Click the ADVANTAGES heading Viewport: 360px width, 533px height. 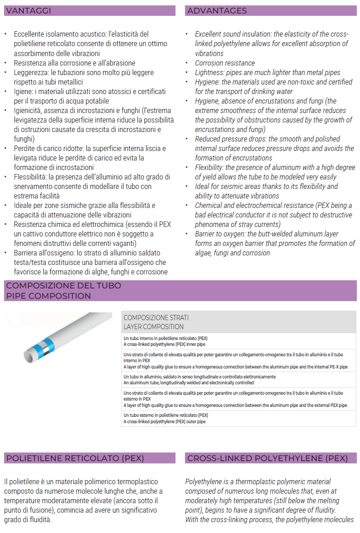pos(217,11)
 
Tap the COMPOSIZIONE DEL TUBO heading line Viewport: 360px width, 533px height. pos(64,286)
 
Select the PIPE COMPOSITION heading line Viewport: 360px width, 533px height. pos(48,296)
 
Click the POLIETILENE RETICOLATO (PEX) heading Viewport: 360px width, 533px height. pos(75,458)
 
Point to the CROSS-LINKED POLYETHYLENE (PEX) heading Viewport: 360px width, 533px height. pos(267,458)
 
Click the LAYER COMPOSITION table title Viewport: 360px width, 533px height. pos(154,326)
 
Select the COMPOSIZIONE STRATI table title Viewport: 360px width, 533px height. pos(156,318)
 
